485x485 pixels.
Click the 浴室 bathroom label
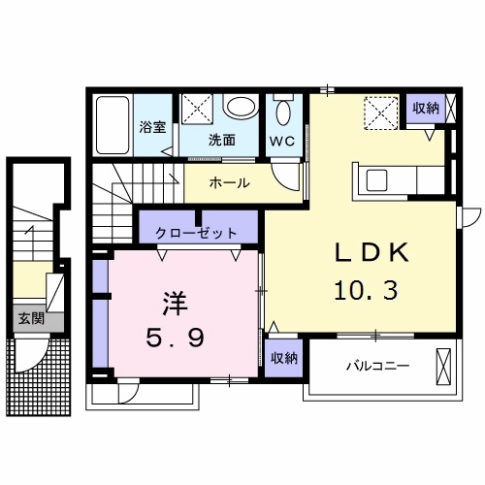pyautogui.click(x=152, y=127)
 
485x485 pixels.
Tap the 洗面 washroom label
pyautogui.click(x=222, y=139)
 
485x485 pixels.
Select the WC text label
pyautogui.click(x=282, y=140)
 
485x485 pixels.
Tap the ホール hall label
pyautogui.click(x=229, y=182)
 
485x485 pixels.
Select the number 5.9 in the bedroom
pyautogui.click(x=176, y=340)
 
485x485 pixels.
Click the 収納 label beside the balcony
pyautogui.click(x=284, y=358)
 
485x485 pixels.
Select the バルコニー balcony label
pyautogui.click(x=377, y=367)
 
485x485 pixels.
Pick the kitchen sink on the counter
pyautogui.click(x=375, y=178)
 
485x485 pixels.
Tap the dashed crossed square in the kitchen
pyautogui.click(x=381, y=113)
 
